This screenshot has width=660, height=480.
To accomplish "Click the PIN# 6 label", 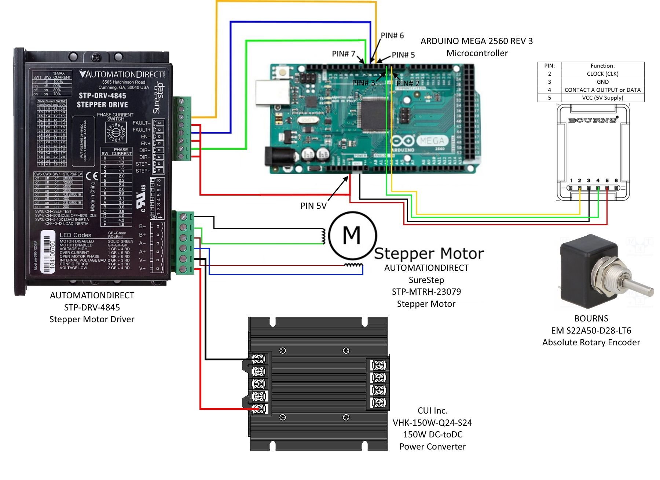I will pos(392,36).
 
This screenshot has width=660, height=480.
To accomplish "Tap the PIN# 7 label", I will pos(344,54).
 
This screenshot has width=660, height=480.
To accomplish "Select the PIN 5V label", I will pos(313,206).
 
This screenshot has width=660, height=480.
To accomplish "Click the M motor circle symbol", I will pos(352,235).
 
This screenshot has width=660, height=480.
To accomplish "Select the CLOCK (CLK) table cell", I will pos(602,74).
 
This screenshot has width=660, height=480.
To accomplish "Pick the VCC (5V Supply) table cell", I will pos(602,98).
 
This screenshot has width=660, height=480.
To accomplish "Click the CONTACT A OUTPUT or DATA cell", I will pos(602,90).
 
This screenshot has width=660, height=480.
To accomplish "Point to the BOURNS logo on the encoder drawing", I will pos(593,120).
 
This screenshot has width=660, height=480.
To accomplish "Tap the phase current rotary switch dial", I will pos(116,133).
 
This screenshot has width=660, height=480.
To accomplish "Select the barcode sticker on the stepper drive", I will pos(49,252).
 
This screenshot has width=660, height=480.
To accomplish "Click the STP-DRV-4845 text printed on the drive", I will pos(102,96).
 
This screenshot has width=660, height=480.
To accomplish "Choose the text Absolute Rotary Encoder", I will pos(591,342).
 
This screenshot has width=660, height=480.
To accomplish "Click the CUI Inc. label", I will pos(432,411).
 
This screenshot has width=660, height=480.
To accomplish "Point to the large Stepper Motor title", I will pos(429,254).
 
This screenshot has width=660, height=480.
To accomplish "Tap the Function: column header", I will pos(602,66).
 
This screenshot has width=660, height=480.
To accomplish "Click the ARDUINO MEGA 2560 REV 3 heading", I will pos(476,41).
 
